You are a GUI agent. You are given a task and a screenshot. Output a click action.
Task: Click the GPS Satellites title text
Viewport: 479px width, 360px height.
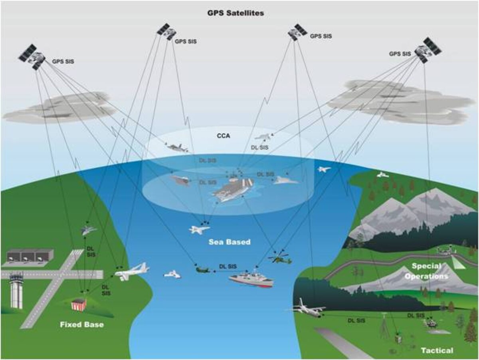click(235, 13)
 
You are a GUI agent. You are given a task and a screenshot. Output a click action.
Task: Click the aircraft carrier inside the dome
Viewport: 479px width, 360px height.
click(233, 189)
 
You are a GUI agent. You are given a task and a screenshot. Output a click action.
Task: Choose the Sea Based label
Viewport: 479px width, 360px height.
click(230, 242)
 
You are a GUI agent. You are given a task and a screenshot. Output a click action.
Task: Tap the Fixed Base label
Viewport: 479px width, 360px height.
click(82, 324)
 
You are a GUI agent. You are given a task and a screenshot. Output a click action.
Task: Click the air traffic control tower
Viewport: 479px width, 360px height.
click(16, 290)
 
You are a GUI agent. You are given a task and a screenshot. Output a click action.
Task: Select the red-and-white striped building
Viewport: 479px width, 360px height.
click(79, 304)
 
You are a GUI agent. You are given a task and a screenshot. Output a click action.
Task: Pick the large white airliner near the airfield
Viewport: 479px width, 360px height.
click(131, 272)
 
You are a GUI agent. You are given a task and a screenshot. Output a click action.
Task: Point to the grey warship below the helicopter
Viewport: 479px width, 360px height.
click(251, 279)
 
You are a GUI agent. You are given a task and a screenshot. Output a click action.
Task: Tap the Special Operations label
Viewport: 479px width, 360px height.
click(426, 271)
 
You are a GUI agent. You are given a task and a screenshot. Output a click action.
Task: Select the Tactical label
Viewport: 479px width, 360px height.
click(437, 350)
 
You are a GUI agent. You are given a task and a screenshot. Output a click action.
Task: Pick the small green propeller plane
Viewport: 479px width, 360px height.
click(203, 270)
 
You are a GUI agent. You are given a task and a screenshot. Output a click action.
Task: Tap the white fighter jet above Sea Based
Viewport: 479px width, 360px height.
click(199, 229)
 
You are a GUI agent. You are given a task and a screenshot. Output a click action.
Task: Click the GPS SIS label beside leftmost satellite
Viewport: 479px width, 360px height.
click(63, 62)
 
